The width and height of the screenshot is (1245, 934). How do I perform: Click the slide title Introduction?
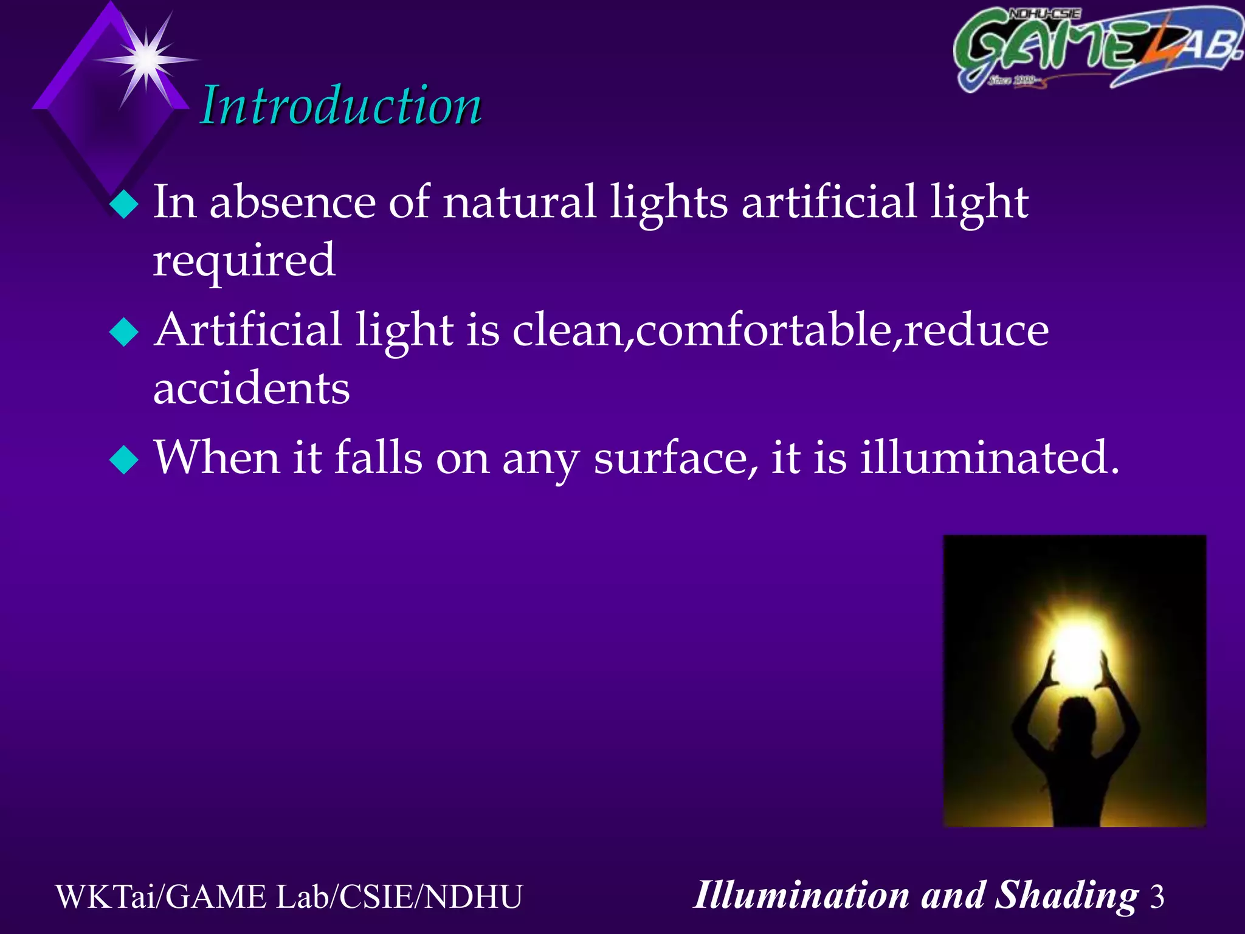[341, 106]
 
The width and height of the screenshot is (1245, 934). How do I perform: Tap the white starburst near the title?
[147, 60]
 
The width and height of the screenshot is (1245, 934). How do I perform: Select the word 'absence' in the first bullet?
[292, 202]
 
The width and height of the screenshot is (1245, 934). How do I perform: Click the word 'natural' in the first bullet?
[519, 202]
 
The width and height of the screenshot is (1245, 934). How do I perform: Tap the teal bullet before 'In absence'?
[124, 205]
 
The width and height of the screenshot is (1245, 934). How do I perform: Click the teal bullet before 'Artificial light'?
[124, 333]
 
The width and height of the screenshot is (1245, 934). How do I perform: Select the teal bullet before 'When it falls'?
[124, 460]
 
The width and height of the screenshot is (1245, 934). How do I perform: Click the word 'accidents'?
[252, 388]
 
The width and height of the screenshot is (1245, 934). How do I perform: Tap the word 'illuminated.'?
[989, 457]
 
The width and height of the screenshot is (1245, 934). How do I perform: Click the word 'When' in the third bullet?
[216, 457]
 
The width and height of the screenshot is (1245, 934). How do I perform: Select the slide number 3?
[1157, 897]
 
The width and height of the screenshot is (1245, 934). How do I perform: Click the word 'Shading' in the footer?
[1066, 896]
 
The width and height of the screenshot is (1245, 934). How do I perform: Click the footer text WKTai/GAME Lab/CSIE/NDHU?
[289, 897]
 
